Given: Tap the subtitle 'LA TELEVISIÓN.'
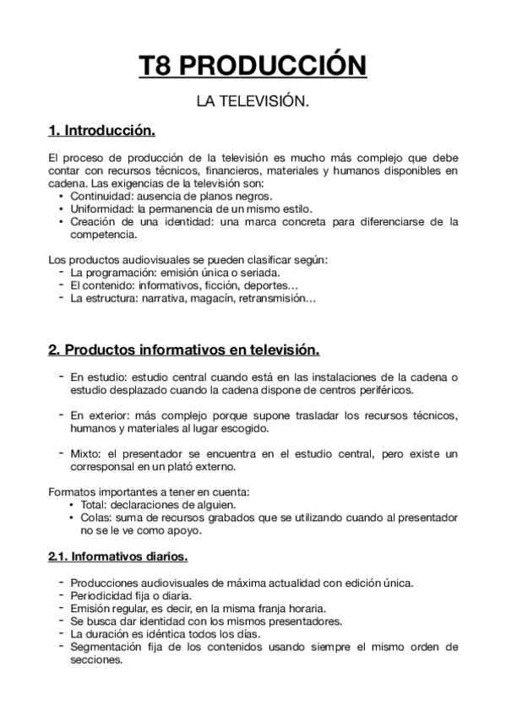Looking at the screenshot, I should (253, 102).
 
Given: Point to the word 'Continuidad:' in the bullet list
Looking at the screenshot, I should (103, 196).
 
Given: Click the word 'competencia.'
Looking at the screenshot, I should (101, 235).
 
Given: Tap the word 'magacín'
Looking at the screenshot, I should (217, 298).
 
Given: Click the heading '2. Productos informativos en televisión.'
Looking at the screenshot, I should (183, 350).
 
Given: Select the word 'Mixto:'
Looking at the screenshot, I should (87, 453).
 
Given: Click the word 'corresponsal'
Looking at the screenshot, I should (104, 466).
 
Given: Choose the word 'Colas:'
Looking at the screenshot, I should (98, 518).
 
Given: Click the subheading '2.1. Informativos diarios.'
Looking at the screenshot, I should (118, 557).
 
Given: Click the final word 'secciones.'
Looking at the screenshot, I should (97, 660).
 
